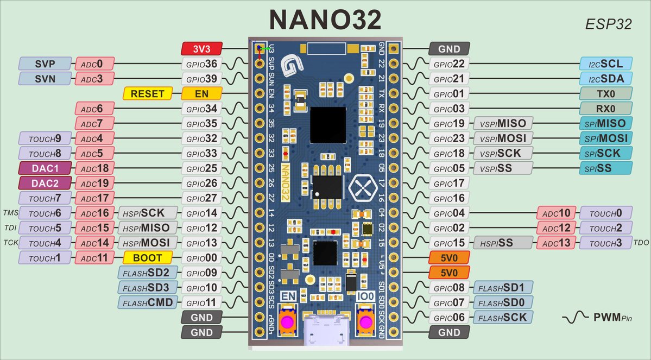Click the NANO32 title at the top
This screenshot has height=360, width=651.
click(x=326, y=20)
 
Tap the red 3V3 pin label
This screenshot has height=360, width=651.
click(x=202, y=49)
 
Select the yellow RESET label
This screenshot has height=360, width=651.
click(x=148, y=93)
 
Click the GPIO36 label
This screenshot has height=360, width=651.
click(x=202, y=64)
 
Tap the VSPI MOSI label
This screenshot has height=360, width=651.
click(x=503, y=138)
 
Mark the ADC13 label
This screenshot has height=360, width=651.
click(x=556, y=243)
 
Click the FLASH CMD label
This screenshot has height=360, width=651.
click(x=148, y=302)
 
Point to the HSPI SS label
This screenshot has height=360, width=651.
click(x=503, y=243)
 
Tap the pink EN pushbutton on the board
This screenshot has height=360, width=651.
click(x=287, y=322)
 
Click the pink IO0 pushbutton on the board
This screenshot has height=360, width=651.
click(x=366, y=322)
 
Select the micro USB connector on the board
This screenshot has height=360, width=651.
click(x=326, y=330)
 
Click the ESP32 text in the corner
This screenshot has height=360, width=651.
click(x=608, y=25)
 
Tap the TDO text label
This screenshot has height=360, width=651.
click(x=641, y=243)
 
